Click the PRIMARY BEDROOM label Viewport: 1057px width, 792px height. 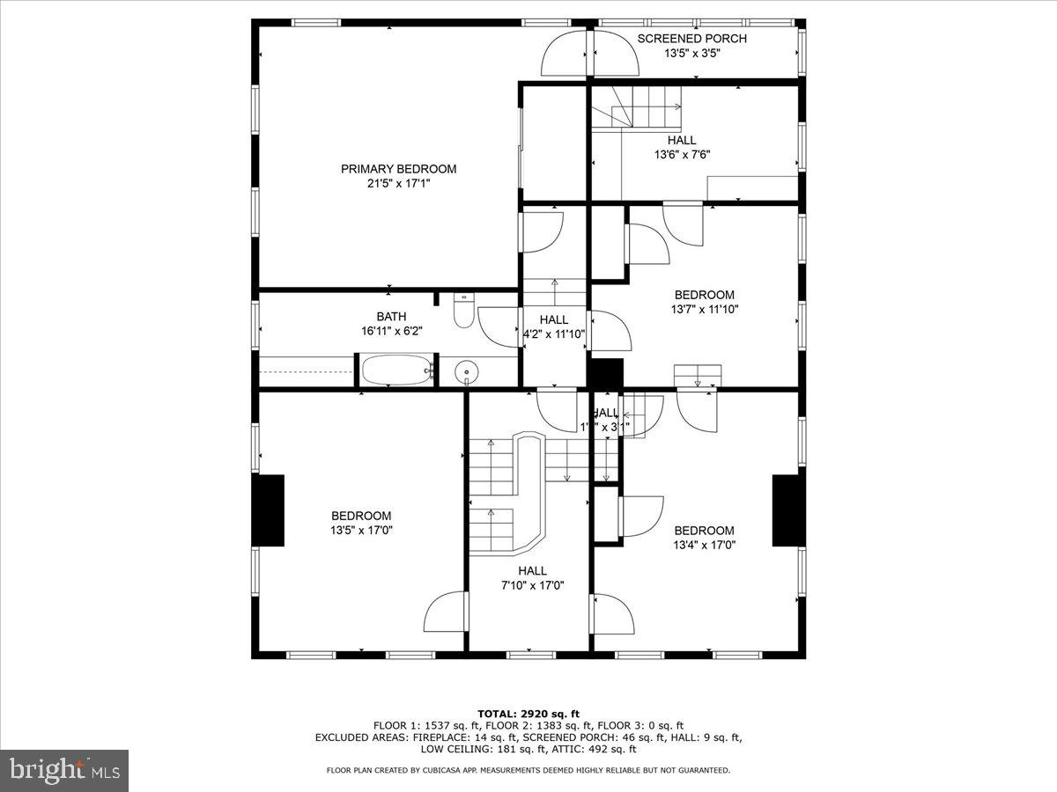(398, 169)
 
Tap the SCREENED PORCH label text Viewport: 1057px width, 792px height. (691, 39)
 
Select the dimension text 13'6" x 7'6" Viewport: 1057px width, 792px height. (681, 154)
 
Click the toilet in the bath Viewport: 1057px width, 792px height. (464, 312)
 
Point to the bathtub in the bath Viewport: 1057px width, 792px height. (398, 370)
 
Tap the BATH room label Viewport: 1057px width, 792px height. (391, 317)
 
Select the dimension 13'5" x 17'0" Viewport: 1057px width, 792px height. (361, 531)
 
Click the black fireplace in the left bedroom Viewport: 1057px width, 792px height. (269, 510)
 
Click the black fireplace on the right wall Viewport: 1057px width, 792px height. (788, 510)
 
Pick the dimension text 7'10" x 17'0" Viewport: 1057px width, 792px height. (532, 585)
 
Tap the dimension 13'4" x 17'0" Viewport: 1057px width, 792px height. (704, 545)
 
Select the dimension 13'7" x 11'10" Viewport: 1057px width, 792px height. (704, 309)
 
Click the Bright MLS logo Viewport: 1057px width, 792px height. (64, 770)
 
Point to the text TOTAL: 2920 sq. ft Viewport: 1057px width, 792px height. (528, 714)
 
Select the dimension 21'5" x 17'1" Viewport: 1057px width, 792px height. (398, 183)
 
